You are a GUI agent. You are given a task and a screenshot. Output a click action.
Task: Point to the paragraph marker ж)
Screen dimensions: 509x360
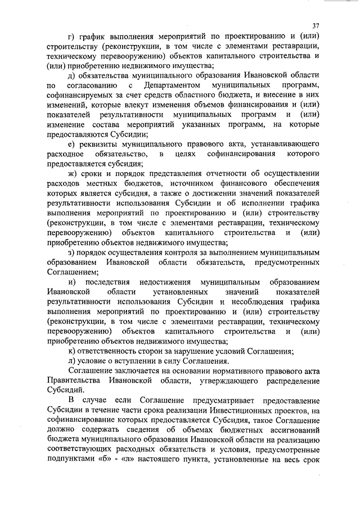pos(71,174)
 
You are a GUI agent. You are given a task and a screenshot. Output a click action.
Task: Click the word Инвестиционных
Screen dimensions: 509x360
pos(247,409)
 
